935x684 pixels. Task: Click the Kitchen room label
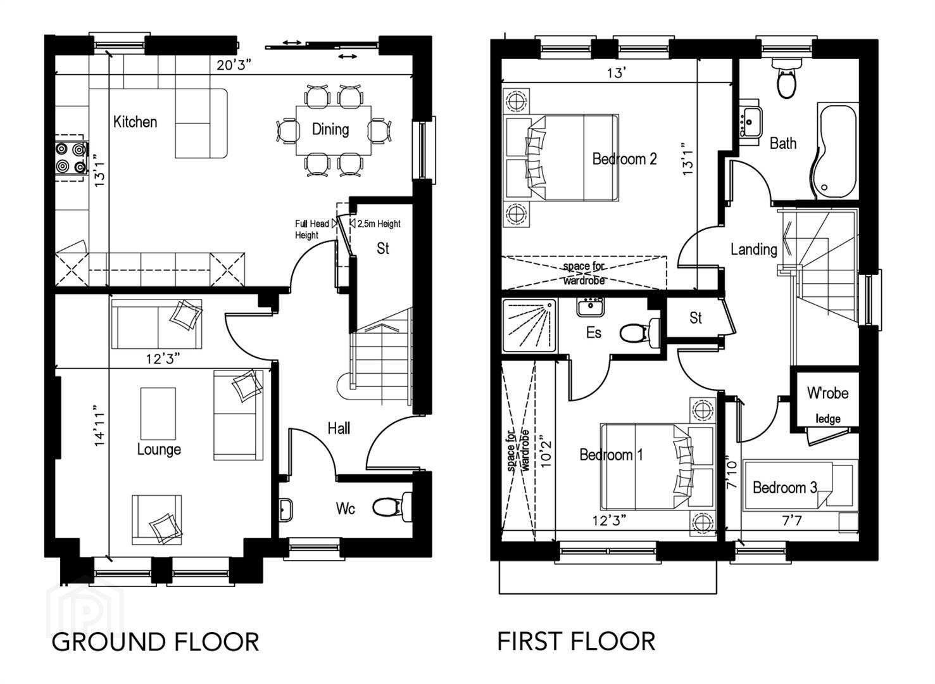[135, 122]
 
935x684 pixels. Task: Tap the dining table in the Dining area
[334, 130]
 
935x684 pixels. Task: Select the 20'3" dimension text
[234, 65]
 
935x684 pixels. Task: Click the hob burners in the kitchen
[71, 158]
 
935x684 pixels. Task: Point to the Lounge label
[159, 449]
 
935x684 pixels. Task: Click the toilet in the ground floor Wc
[391, 507]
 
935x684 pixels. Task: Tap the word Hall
[339, 428]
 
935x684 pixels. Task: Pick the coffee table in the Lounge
[158, 414]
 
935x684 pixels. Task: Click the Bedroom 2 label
[624, 159]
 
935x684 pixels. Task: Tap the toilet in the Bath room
[786, 79]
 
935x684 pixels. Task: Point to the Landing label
[754, 250]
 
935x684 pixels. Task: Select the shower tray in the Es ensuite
[530, 325]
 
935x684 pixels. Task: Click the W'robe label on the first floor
[828, 393]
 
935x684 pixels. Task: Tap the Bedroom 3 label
[785, 487]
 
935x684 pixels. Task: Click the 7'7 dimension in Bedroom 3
[792, 521]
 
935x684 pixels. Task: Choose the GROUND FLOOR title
[155, 642]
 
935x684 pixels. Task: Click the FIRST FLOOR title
[577, 641]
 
